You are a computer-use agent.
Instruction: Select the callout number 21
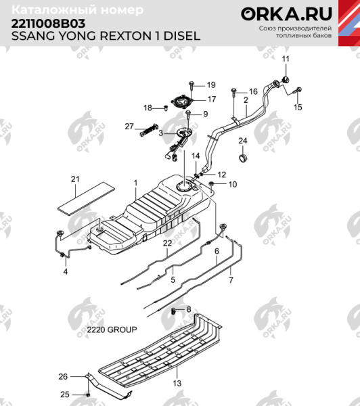coord(76,179)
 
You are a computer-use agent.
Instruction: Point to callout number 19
coord(210,85)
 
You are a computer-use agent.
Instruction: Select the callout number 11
coord(286,60)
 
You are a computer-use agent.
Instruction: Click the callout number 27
coord(129,127)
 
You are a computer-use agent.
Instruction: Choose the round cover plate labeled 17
coord(183,101)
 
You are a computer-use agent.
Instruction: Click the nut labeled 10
coord(212,184)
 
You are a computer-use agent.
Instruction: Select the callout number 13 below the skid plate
coord(178,383)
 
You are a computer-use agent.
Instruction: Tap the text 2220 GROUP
coord(112,330)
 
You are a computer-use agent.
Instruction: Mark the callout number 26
coord(64,376)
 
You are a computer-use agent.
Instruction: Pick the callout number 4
coord(66,271)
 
